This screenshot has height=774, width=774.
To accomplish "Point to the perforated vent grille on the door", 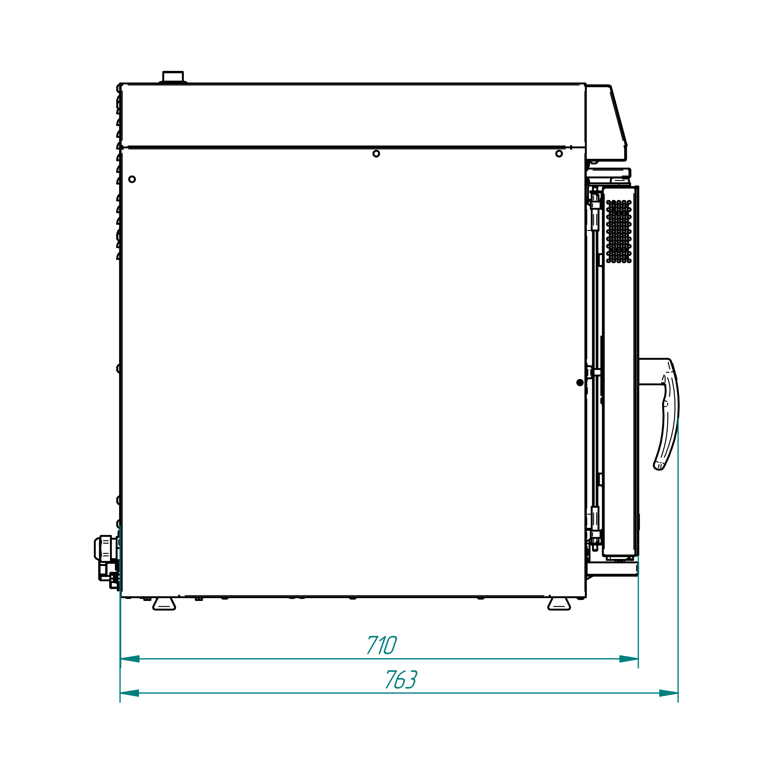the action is coord(619,232).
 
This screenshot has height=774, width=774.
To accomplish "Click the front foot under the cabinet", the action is coord(559,604).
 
